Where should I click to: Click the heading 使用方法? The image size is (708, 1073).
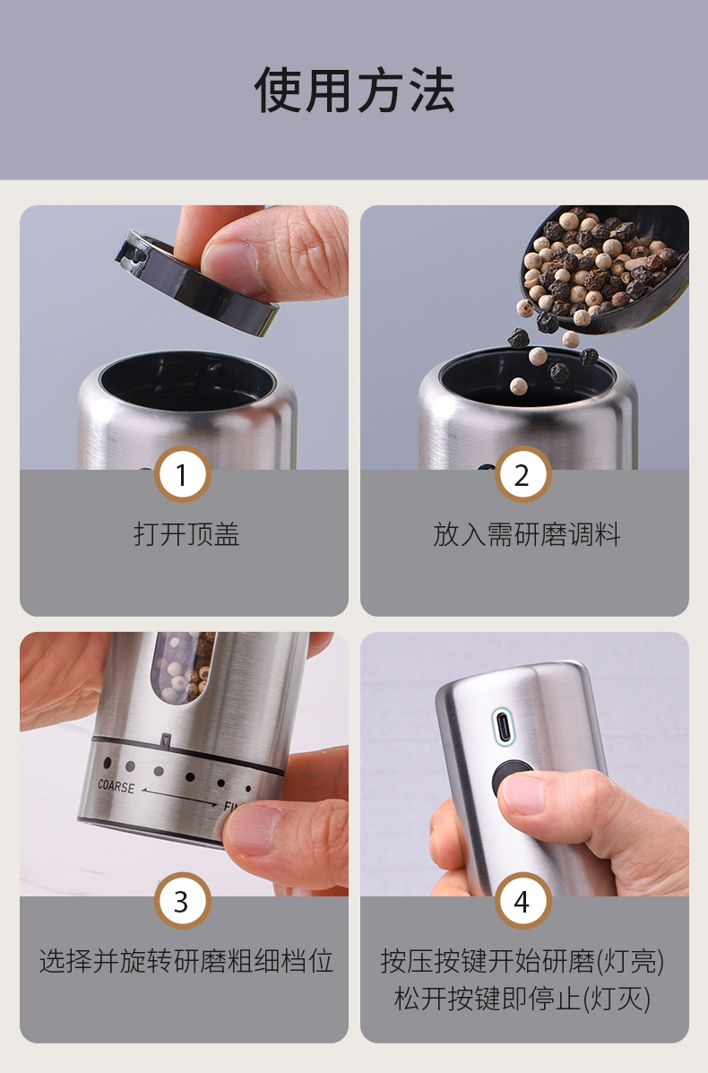tap(354, 91)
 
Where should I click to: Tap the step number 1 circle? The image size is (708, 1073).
tap(182, 474)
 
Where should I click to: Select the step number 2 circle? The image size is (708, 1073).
tap(522, 474)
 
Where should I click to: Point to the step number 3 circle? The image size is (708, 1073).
tap(182, 901)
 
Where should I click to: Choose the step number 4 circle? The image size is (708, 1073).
tap(522, 901)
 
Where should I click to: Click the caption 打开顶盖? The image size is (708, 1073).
tap(186, 533)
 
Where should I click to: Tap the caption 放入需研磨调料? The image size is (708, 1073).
tap(527, 533)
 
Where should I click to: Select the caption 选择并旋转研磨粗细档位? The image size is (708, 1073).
tap(186, 961)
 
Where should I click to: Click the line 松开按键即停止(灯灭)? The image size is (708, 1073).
tap(522, 999)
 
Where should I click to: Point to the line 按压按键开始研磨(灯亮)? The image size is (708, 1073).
tap(522, 961)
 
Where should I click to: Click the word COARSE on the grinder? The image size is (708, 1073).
tap(117, 786)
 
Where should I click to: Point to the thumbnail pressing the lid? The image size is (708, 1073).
tap(229, 259)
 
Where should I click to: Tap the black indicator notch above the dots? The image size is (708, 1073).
tap(166, 739)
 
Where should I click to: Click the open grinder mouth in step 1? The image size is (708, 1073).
tap(186, 380)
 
